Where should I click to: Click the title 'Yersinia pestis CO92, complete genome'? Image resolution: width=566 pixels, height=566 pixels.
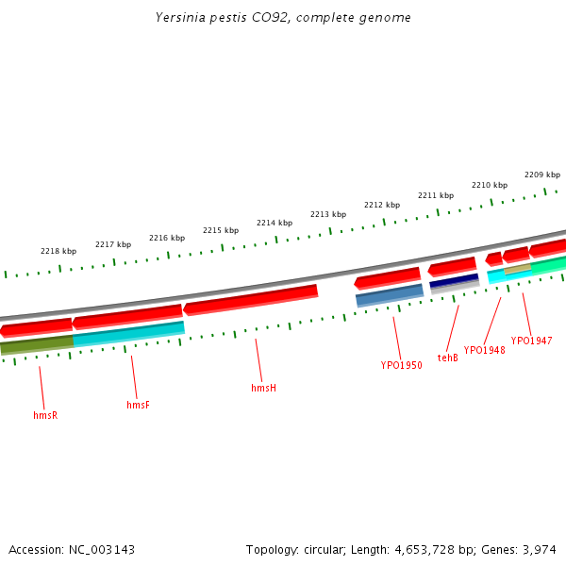[283, 18]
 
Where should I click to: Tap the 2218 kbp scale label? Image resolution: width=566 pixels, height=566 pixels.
[58, 251]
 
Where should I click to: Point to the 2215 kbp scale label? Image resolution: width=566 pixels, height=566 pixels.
[220, 230]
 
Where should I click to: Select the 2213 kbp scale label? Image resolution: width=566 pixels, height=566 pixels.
[327, 214]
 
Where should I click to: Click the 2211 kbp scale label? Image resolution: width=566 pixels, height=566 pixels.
[435, 195]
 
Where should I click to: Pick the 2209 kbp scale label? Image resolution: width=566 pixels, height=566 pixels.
[541, 175]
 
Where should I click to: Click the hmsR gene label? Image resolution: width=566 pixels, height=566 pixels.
[45, 415]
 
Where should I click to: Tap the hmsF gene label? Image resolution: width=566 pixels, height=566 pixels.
[138, 406]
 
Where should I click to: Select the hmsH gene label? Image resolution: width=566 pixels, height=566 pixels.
[263, 388]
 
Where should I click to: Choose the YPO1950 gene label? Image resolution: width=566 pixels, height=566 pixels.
[401, 365]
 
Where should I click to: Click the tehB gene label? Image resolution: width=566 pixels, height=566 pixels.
[447, 358]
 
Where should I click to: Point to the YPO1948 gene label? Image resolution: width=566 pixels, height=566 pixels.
[484, 350]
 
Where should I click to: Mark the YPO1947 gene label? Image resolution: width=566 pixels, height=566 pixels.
[531, 341]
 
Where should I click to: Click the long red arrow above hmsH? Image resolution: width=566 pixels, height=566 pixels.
[251, 299]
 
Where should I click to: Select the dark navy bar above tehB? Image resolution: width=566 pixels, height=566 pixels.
[454, 281]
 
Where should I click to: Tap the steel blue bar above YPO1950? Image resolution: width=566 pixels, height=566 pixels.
[389, 295]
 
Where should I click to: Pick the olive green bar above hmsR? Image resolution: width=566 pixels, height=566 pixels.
[37, 344]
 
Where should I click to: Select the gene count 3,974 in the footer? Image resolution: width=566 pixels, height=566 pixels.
[539, 549]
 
